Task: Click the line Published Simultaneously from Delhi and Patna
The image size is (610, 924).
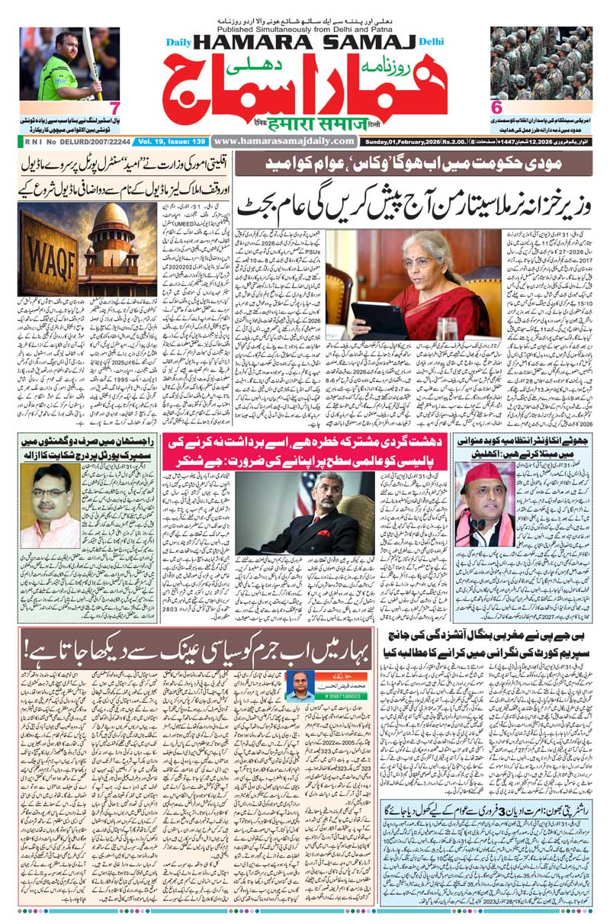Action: [305, 21]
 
